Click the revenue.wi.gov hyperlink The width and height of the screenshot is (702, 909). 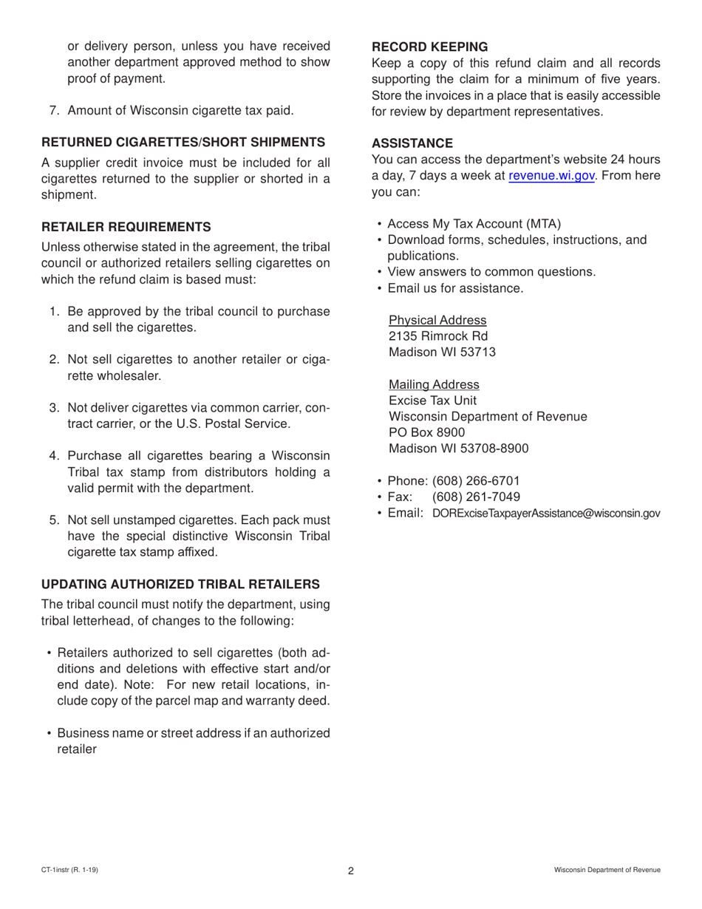[551, 176]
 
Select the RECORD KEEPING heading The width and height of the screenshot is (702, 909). [429, 47]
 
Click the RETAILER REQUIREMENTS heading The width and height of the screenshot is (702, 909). [126, 227]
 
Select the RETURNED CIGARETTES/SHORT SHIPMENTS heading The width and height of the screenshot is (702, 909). [183, 142]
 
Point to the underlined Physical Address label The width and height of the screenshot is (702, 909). [437, 320]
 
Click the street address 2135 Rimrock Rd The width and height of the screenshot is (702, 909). [438, 336]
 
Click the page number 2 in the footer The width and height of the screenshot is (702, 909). [351, 871]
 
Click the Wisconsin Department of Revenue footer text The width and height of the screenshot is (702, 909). [607, 871]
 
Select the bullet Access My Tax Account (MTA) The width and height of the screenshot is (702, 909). [474, 224]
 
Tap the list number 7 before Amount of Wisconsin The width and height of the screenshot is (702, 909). [54, 111]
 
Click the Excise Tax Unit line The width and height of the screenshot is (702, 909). [432, 401]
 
